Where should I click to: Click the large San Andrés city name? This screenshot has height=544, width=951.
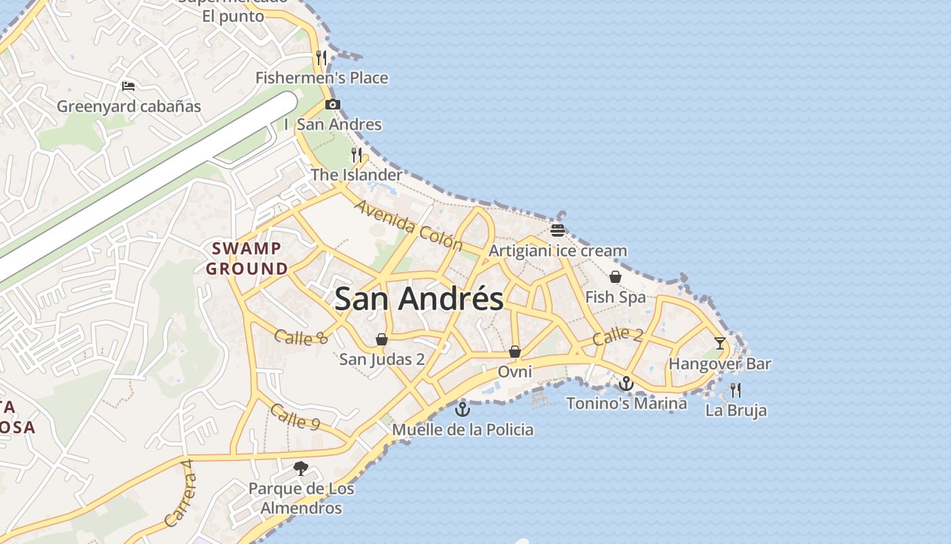tap(419, 299)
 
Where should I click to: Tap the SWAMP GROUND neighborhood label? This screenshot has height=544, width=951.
tap(247, 258)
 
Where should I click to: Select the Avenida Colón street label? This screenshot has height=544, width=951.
tap(408, 225)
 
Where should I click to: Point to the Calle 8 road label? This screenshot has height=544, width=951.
tap(301, 337)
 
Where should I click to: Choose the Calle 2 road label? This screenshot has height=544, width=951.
tap(617, 335)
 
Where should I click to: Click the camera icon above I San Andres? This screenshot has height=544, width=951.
tap(332, 105)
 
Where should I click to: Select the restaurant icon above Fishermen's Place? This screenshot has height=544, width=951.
tap(321, 58)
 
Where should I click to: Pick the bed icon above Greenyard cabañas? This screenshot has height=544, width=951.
tap(128, 86)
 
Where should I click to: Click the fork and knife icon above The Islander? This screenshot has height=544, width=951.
tap(357, 155)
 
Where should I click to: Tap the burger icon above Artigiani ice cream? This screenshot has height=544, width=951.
tap(558, 231)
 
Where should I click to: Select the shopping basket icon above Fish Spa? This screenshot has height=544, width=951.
tap(615, 277)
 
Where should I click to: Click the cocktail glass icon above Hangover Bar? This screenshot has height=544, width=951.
tap(720, 343)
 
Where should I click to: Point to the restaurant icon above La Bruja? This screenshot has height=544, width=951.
tap(736, 390)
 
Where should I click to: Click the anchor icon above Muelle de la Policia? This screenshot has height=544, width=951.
tap(463, 409)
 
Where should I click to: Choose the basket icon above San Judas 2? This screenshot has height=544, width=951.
tap(382, 339)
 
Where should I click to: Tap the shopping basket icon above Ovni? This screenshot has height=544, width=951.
tap(515, 352)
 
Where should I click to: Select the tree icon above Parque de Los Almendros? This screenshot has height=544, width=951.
tap(301, 469)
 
